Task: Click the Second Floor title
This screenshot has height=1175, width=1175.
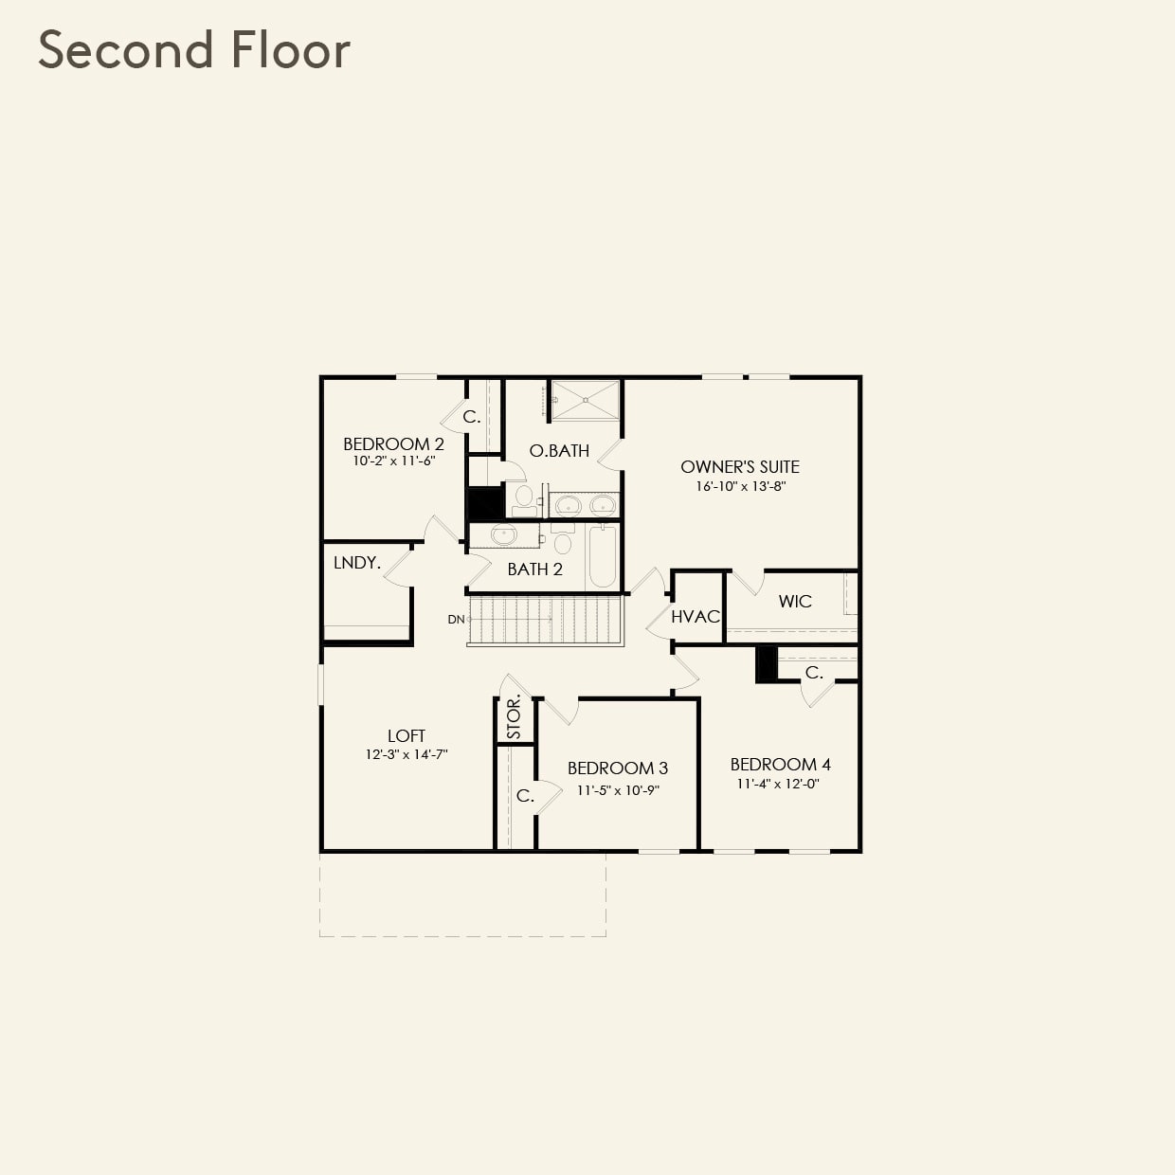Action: tap(194, 50)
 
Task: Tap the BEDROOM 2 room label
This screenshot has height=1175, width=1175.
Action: tap(393, 443)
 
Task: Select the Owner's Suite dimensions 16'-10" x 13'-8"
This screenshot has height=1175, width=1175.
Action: tap(740, 486)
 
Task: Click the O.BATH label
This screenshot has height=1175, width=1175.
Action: tap(559, 451)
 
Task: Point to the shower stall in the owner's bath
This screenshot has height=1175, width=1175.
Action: tap(585, 401)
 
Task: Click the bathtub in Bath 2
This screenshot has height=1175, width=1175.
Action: tap(603, 556)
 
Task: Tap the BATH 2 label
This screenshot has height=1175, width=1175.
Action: tap(534, 569)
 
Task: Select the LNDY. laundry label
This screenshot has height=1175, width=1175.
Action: tap(356, 563)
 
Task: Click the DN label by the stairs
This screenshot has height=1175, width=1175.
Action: tap(457, 620)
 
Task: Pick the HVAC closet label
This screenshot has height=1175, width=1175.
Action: tap(696, 617)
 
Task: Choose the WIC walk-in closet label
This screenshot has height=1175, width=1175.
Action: tap(795, 602)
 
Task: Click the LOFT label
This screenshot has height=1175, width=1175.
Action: tap(406, 735)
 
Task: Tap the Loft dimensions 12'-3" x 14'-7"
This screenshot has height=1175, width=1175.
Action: tap(406, 755)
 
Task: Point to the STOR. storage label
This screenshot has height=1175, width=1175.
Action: tap(514, 718)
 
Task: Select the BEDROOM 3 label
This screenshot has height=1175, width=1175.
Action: tap(618, 768)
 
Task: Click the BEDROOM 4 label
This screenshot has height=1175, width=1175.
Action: tap(780, 765)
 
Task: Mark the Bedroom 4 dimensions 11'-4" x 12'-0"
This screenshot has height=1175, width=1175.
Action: tap(777, 785)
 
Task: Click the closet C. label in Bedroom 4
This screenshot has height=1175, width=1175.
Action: tap(813, 673)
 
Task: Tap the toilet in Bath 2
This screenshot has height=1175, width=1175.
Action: tap(562, 544)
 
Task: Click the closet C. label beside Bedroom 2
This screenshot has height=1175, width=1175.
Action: tap(471, 417)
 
